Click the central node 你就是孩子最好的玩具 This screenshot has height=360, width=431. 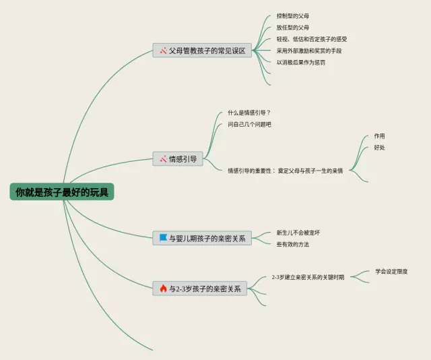tap(62, 193)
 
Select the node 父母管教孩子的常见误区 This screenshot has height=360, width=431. tap(202, 51)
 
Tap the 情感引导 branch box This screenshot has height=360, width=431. tap(178, 159)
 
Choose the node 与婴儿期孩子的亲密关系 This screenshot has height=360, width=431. tap(202, 237)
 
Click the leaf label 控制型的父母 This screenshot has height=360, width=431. tap(293, 16)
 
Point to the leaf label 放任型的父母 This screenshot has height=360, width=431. tap(293, 28)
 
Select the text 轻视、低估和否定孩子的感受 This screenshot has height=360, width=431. tap(312, 39)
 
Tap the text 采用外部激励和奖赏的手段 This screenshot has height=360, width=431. tap(309, 51)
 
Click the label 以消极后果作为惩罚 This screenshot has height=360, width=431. tap(301, 62)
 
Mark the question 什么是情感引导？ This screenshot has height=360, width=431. tap(249, 113)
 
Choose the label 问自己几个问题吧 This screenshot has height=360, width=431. tap(249, 124)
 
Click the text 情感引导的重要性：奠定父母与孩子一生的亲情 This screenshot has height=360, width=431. tap(286, 171)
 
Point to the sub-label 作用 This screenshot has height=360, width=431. tap(380, 136)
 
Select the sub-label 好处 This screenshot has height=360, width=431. tap(380, 148)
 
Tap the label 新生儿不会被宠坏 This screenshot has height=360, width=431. tap(298, 233)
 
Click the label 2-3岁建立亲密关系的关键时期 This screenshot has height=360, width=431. tap(308, 277)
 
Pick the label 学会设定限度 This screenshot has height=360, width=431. tap(391, 272)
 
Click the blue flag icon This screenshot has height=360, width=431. tap(163, 237)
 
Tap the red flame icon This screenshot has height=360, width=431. tap(163, 289)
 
